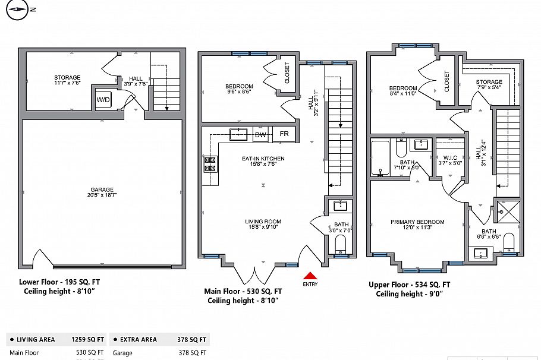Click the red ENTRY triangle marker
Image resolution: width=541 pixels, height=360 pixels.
click(x=310, y=276)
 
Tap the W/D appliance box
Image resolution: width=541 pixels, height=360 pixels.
click(x=103, y=100)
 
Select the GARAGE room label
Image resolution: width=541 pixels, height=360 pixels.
click(x=102, y=190)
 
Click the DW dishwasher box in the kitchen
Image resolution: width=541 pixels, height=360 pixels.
click(x=260, y=135)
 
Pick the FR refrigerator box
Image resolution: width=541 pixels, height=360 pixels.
click(x=284, y=134)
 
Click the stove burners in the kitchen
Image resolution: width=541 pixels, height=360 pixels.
click(x=210, y=164)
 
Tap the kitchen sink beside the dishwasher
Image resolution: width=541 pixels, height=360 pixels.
click(x=239, y=134)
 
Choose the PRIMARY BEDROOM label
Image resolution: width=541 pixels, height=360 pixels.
click(x=417, y=222)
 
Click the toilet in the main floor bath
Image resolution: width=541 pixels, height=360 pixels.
click(x=341, y=244)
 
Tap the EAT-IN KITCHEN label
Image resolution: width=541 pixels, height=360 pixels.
click(x=263, y=159)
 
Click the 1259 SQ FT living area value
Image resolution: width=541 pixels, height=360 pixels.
click(x=88, y=340)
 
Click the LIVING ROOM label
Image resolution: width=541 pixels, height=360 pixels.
click(x=262, y=222)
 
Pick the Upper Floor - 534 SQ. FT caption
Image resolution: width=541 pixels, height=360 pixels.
click(x=409, y=285)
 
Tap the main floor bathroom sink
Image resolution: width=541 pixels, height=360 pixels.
click(x=341, y=206)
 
